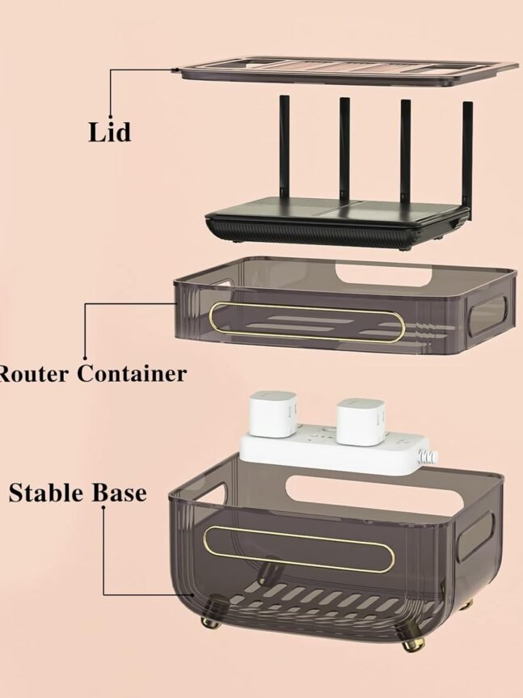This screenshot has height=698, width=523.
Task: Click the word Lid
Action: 109,132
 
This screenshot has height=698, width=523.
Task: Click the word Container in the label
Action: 132,374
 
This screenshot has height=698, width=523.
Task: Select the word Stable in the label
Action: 43,492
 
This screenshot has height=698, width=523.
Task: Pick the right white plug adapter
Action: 359,421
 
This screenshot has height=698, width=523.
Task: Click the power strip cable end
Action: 432,457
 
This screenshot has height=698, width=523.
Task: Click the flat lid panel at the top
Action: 348,70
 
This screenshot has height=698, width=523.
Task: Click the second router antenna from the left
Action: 344,150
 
